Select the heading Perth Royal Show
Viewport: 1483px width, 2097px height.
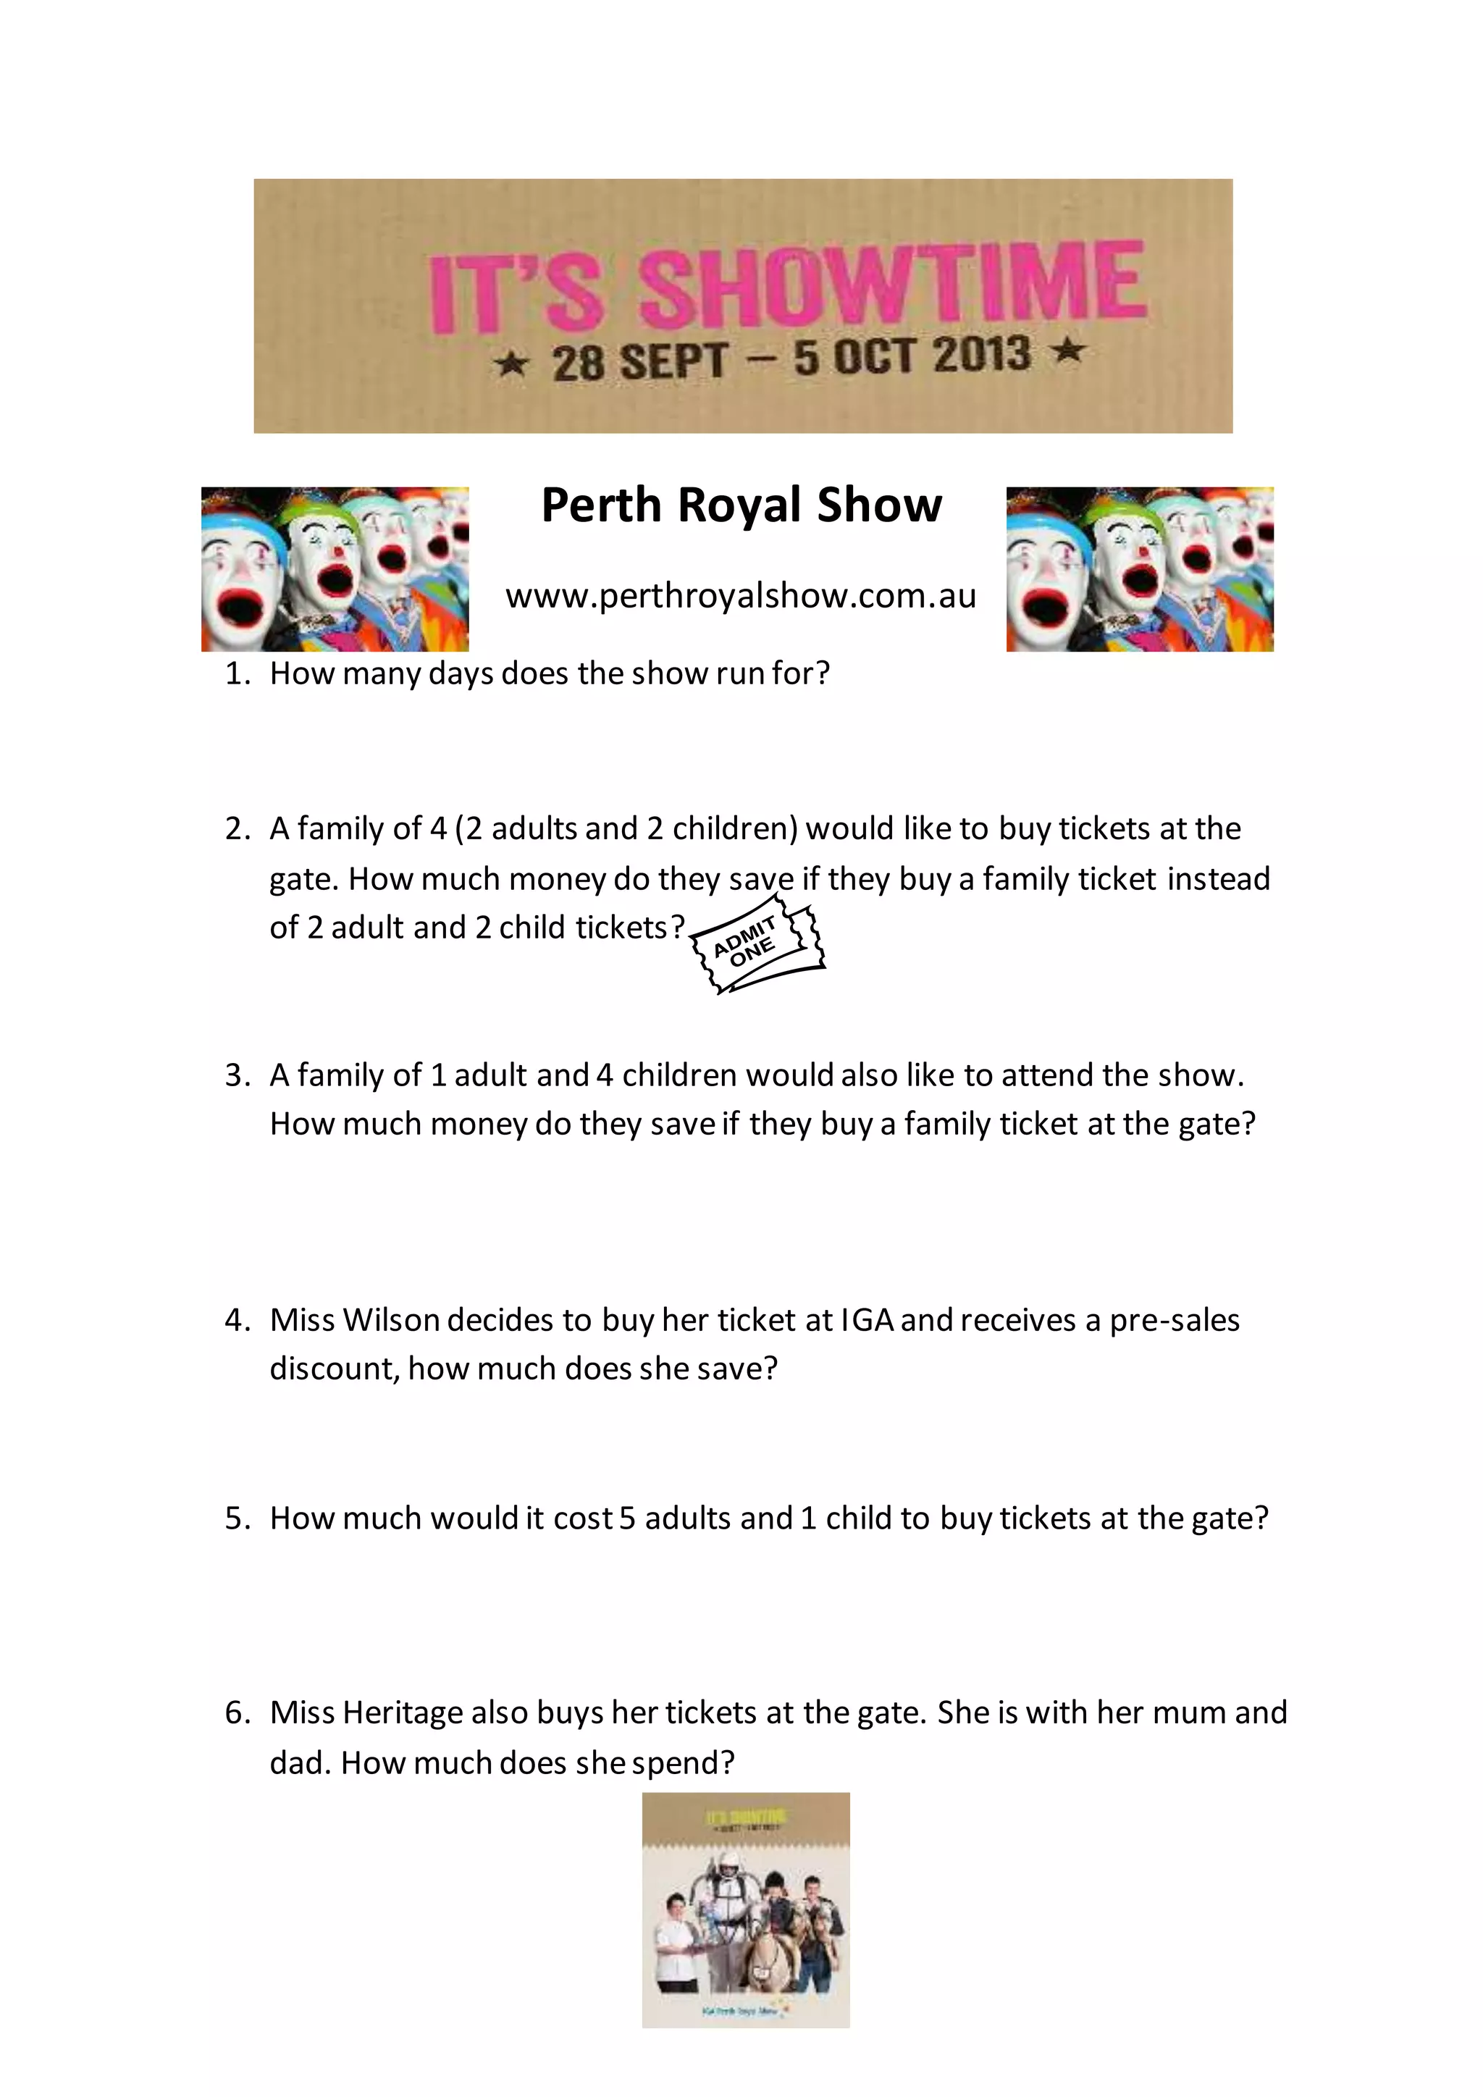pyautogui.click(x=741, y=505)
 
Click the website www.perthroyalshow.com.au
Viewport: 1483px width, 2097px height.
pyautogui.click(x=741, y=595)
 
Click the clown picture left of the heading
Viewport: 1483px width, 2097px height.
pyautogui.click(x=335, y=569)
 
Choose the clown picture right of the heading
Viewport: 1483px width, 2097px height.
pyautogui.click(x=1139, y=569)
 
